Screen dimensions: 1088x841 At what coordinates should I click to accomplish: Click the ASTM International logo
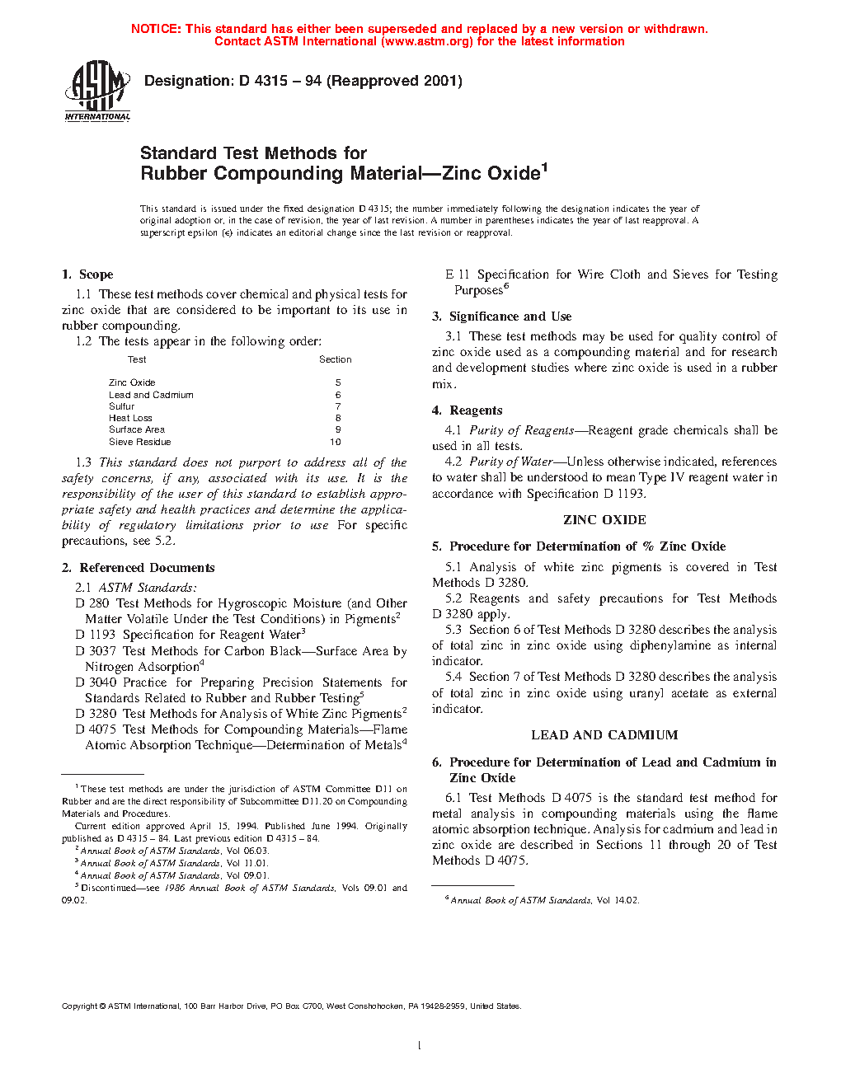pyautogui.click(x=97, y=91)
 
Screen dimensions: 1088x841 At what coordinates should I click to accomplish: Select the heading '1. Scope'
pyautogui.click(x=87, y=274)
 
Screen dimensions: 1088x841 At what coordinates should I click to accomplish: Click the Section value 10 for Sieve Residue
pyautogui.click(x=336, y=442)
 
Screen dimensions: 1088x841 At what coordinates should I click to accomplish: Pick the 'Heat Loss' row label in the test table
pyautogui.click(x=130, y=418)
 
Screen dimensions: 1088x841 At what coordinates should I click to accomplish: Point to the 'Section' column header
pyautogui.click(x=335, y=359)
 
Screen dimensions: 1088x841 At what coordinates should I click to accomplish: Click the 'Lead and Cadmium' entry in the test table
pyautogui.click(x=151, y=395)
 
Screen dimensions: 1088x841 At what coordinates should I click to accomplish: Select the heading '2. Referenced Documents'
pyautogui.click(x=138, y=568)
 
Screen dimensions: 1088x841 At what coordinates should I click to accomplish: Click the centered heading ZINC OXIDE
pyautogui.click(x=604, y=520)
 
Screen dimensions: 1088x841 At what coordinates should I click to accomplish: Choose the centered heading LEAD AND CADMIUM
pyautogui.click(x=604, y=735)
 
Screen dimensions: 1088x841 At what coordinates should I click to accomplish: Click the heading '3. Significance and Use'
pyautogui.click(x=501, y=317)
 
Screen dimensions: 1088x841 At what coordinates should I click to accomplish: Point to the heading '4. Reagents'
pyautogui.click(x=467, y=410)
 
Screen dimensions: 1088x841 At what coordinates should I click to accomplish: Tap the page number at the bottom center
pyautogui.click(x=420, y=1046)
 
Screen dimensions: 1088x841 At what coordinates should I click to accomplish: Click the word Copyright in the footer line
pyautogui.click(x=80, y=1006)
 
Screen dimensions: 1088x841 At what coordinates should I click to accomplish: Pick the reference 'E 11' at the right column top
pyautogui.click(x=458, y=274)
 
